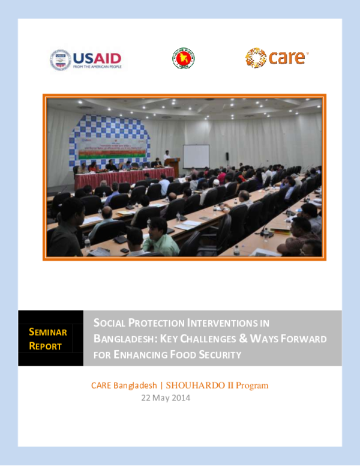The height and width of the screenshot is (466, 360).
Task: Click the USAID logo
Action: (86, 59)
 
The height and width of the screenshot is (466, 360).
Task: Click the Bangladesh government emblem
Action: (184, 58)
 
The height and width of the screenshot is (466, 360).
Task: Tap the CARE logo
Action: (277, 58)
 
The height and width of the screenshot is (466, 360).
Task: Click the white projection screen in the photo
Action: (196, 156)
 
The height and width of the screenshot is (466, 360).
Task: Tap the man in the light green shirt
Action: (159, 238)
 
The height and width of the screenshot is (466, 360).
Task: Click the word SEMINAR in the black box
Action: (48, 332)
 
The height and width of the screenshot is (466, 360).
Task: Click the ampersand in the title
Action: (244, 339)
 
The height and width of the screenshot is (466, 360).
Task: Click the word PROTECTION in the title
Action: (156, 323)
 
